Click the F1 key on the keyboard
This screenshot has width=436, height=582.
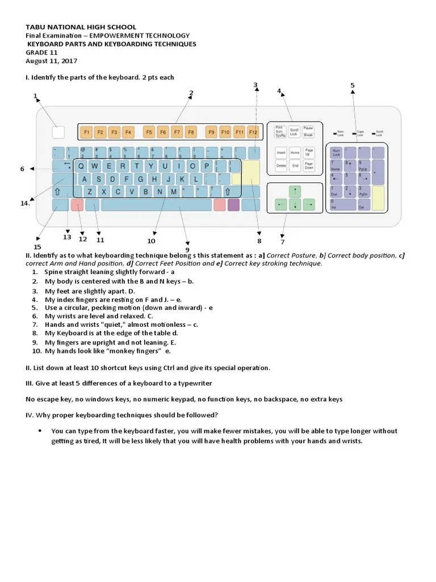tap(86, 132)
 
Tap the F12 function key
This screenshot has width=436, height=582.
tap(253, 132)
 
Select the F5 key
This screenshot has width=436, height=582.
tap(149, 132)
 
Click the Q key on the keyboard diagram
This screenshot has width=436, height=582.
tap(82, 166)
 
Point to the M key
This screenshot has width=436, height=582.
tap(173, 192)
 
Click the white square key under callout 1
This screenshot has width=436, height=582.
tap(58, 132)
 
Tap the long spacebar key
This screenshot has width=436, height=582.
tap(156, 205)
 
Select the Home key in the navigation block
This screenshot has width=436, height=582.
tap(295, 153)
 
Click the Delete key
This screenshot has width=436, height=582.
tap(281, 166)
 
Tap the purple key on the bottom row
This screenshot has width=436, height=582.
tap(233, 205)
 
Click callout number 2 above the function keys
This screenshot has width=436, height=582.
tap(191, 93)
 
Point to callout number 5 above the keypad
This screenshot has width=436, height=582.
tap(352, 86)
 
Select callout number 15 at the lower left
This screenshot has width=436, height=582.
tap(37, 247)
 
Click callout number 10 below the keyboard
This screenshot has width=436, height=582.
tap(151, 241)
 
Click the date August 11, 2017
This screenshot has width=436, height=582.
tap(52, 61)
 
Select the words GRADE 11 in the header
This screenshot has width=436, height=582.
tap(41, 52)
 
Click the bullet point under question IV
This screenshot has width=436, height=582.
tap(40, 431)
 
